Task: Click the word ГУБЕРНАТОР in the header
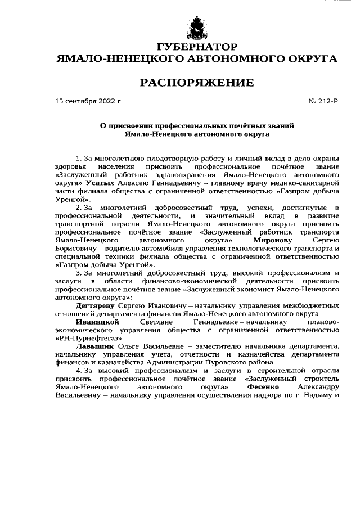(196, 46)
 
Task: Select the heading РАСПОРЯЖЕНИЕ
(196, 83)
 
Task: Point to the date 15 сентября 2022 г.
(89, 102)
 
